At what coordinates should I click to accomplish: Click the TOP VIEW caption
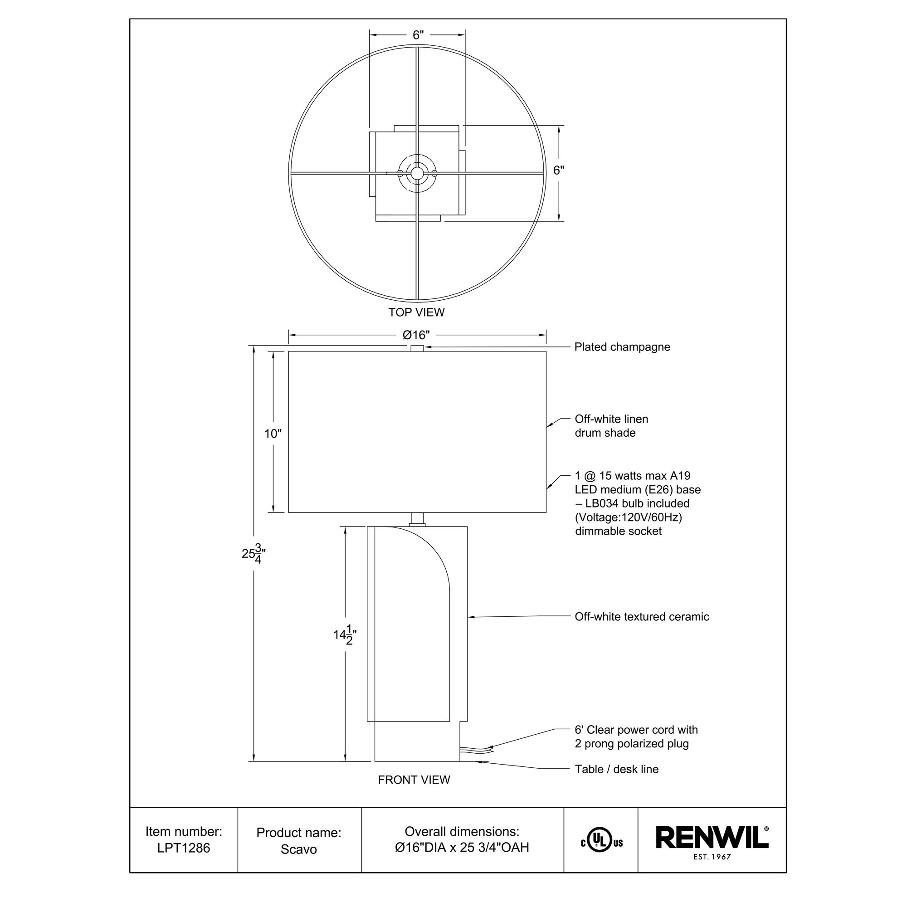(x=416, y=312)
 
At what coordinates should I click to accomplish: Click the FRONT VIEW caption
(x=414, y=780)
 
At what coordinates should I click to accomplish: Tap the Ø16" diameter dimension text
(x=416, y=335)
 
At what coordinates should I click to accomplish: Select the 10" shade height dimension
(x=272, y=433)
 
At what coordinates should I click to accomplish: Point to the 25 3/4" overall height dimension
(x=254, y=553)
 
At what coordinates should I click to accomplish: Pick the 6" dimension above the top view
(x=418, y=35)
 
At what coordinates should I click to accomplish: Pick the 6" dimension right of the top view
(x=558, y=171)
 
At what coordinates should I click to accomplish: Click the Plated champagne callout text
(x=622, y=347)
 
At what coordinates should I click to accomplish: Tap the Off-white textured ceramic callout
(x=642, y=616)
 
